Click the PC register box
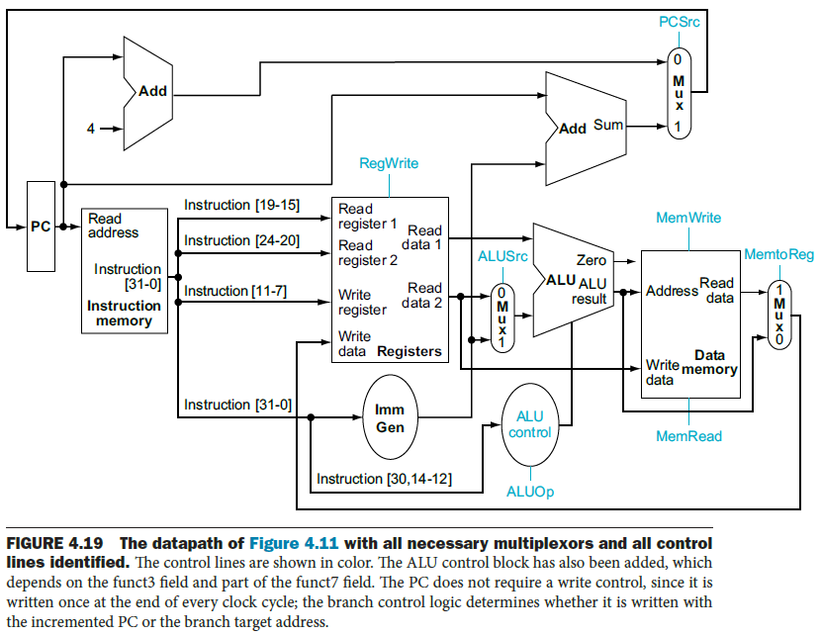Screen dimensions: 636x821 click(x=41, y=226)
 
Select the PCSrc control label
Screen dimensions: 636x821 click(x=679, y=22)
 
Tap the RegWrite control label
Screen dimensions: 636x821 click(x=389, y=164)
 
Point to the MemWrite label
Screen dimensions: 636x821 click(x=688, y=218)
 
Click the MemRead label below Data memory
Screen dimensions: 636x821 click(x=688, y=436)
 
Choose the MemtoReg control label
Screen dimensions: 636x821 click(x=778, y=255)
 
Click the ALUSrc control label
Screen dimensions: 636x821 click(x=503, y=256)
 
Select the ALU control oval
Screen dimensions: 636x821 click(x=530, y=424)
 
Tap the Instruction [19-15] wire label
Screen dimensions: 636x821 click(x=244, y=205)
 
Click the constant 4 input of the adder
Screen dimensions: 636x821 click(x=92, y=129)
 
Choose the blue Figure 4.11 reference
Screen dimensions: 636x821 click(x=295, y=542)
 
